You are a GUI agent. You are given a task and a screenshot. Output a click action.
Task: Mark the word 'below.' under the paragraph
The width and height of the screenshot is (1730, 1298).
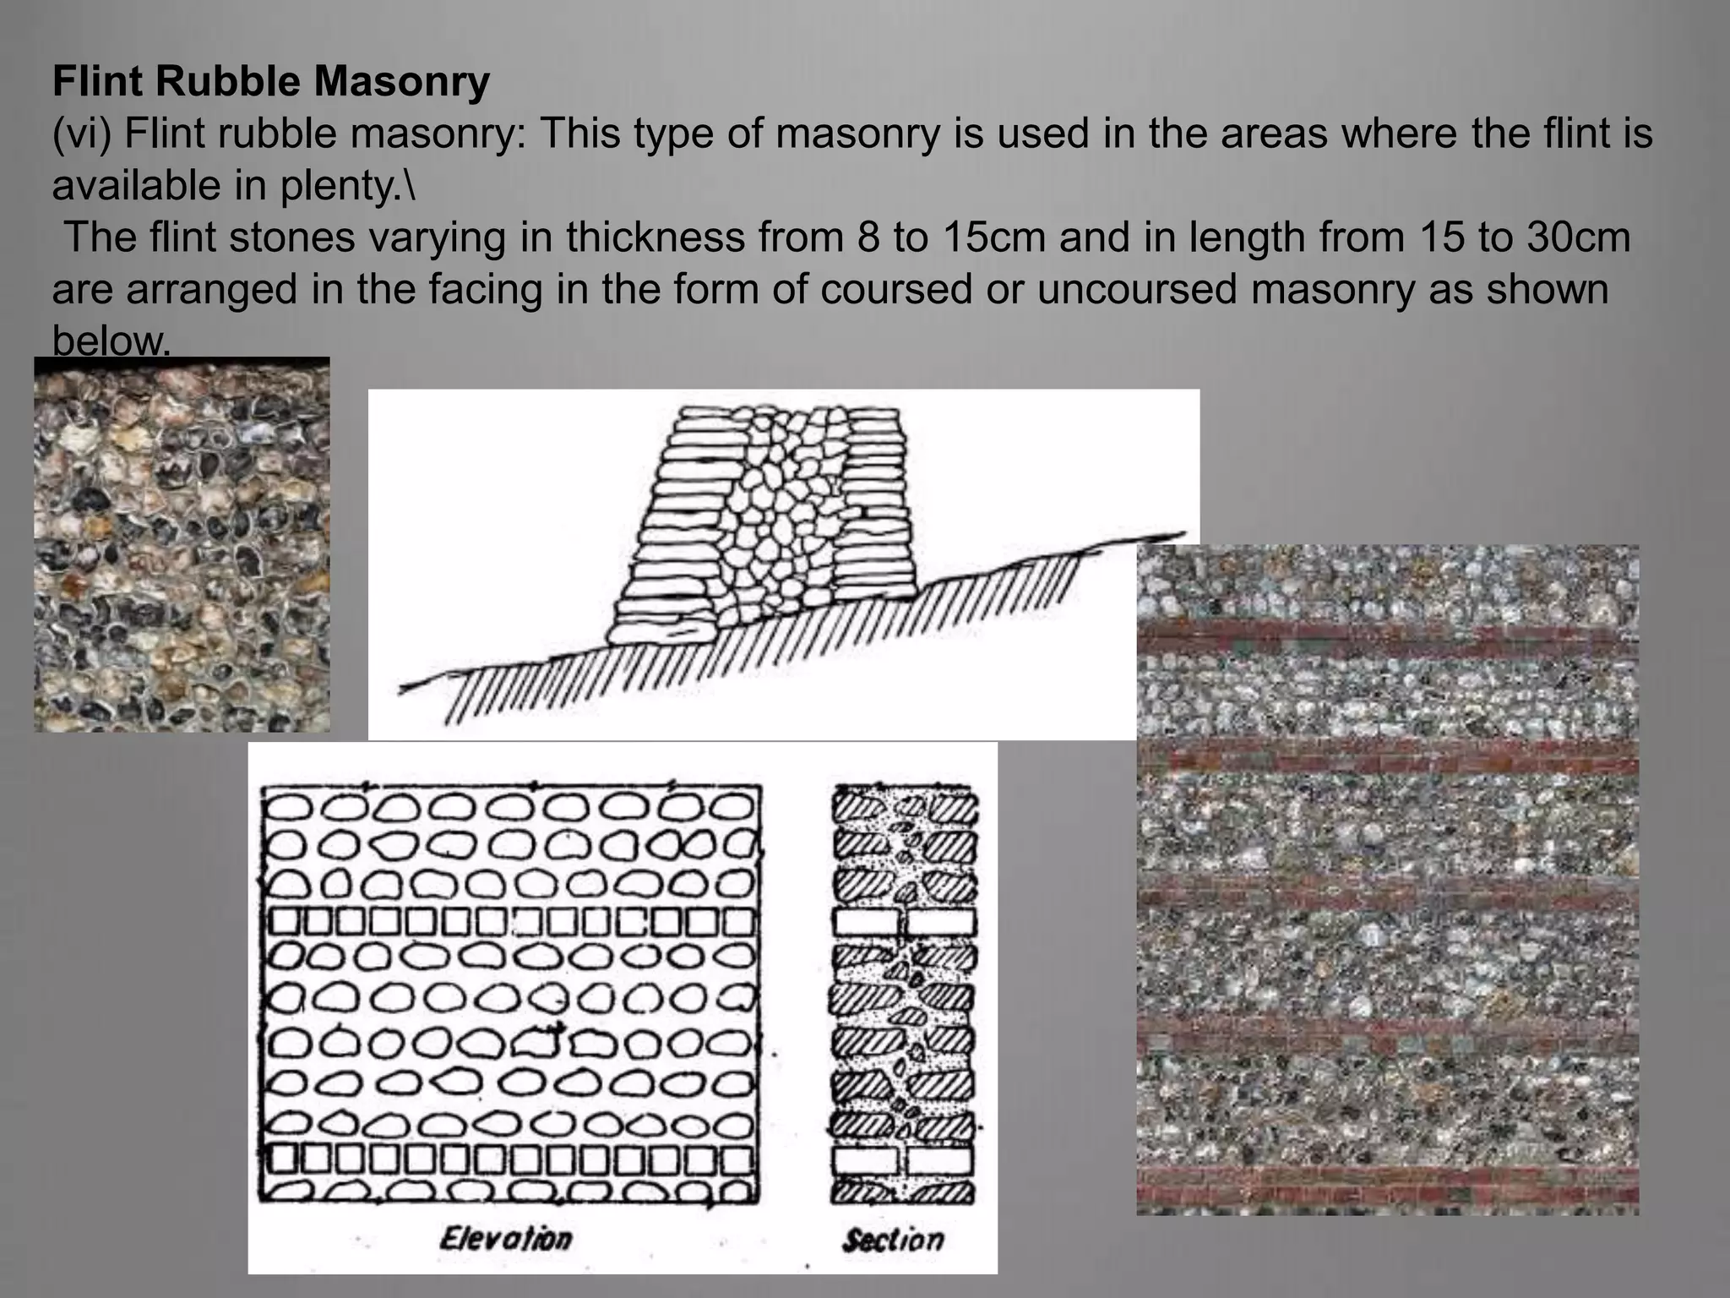pos(111,341)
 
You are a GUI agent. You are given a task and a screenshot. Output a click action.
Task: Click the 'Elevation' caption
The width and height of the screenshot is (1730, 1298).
pos(505,1240)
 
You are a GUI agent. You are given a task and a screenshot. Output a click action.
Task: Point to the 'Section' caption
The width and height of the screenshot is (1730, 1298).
pos(893,1240)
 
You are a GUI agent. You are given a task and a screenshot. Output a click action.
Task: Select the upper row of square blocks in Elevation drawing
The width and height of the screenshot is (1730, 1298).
pos(511,922)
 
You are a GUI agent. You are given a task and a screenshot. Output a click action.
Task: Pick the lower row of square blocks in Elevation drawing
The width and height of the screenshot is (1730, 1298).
pos(511,1158)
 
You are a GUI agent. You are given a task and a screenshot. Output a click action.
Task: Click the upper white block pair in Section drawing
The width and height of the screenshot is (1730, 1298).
pos(904,922)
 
